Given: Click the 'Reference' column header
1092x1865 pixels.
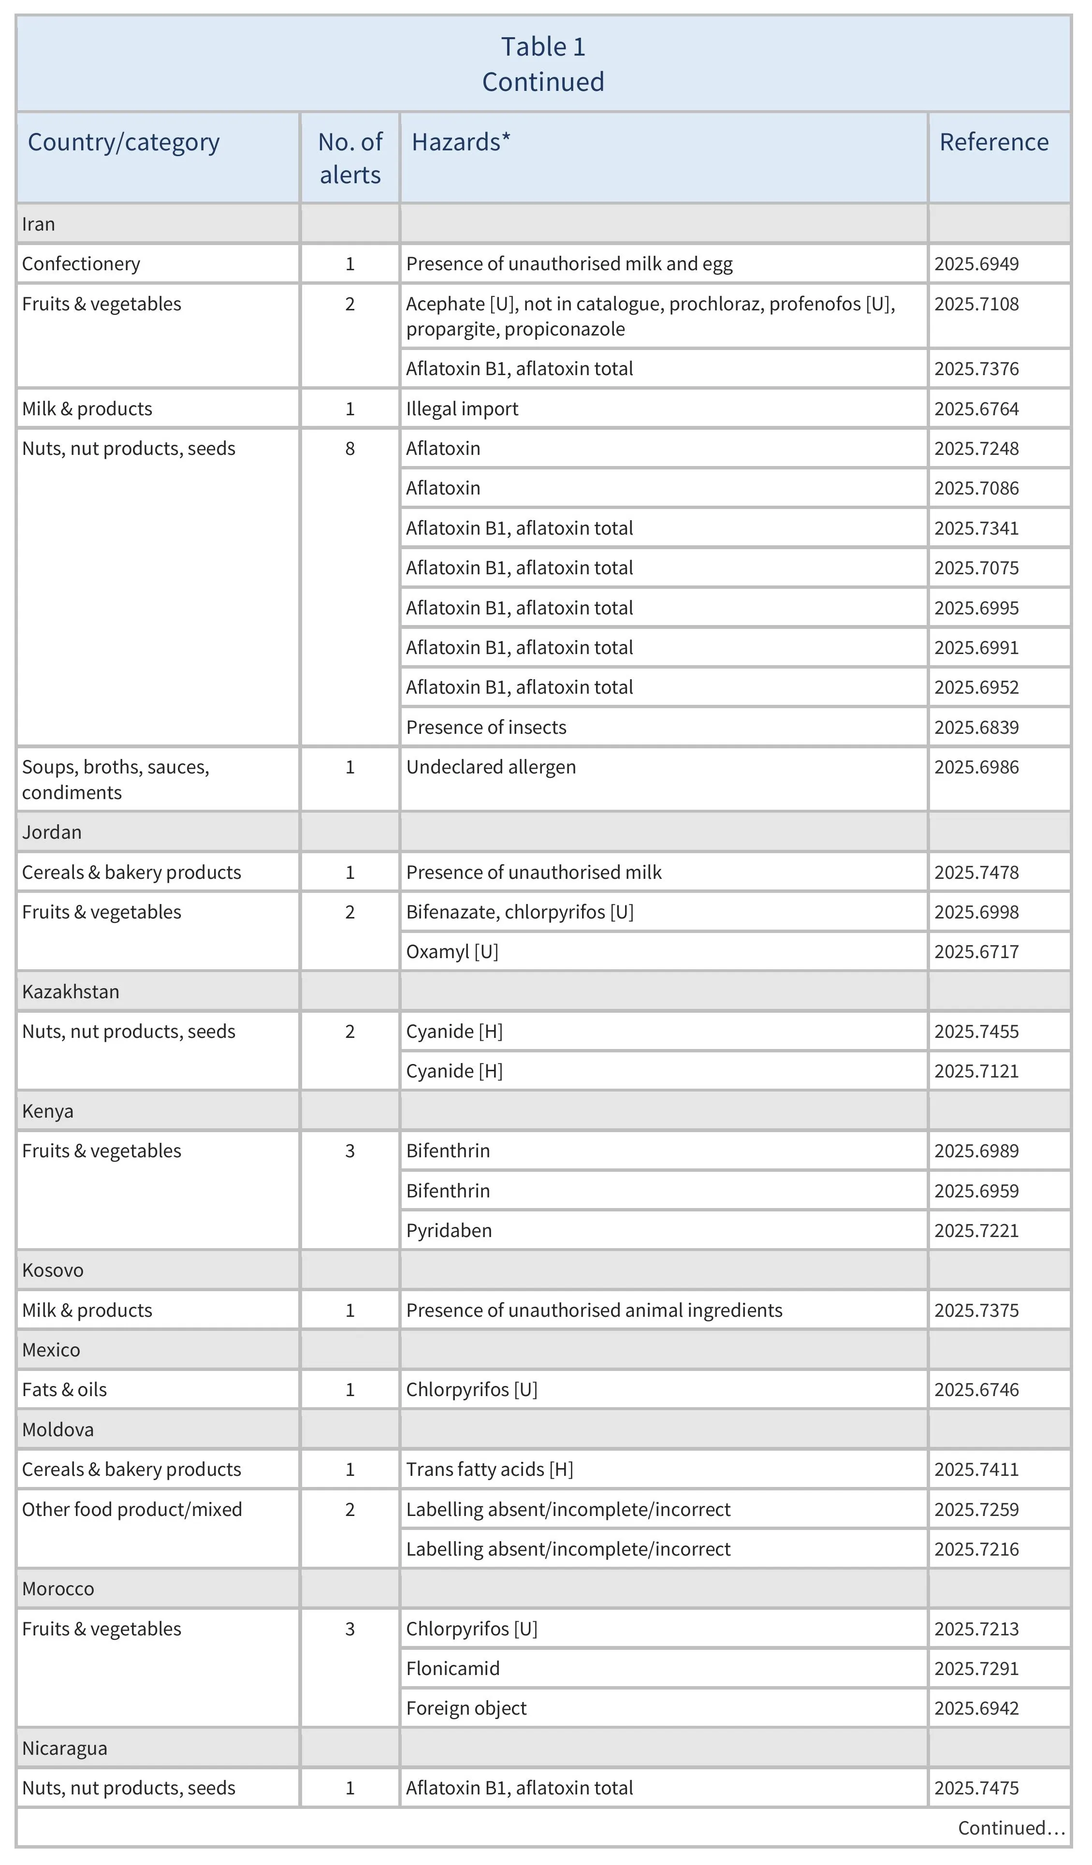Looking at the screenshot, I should click(x=993, y=142).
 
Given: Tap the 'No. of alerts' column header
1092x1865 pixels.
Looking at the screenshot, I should click(x=350, y=159).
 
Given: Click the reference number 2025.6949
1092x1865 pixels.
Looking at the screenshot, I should click(x=976, y=264).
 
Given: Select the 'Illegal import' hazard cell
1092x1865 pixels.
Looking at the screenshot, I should click(x=463, y=409).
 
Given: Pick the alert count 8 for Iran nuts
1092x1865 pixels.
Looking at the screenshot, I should click(x=350, y=449).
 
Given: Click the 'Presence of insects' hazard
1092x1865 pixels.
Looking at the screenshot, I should click(x=486, y=728).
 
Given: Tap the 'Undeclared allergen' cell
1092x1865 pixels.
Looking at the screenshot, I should click(x=491, y=768).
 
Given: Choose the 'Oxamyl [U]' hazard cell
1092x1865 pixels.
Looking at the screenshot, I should click(x=452, y=952).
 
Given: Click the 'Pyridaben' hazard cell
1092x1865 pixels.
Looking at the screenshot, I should click(x=449, y=1231).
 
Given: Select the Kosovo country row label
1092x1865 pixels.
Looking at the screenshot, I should click(x=53, y=1271).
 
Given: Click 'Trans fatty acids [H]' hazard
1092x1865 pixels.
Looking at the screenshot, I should click(x=490, y=1470).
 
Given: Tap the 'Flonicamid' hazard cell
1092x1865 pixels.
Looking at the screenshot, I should click(x=453, y=1669).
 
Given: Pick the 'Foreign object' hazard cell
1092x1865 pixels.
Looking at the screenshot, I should click(x=466, y=1709).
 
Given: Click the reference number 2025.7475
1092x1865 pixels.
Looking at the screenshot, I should click(x=976, y=1788).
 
